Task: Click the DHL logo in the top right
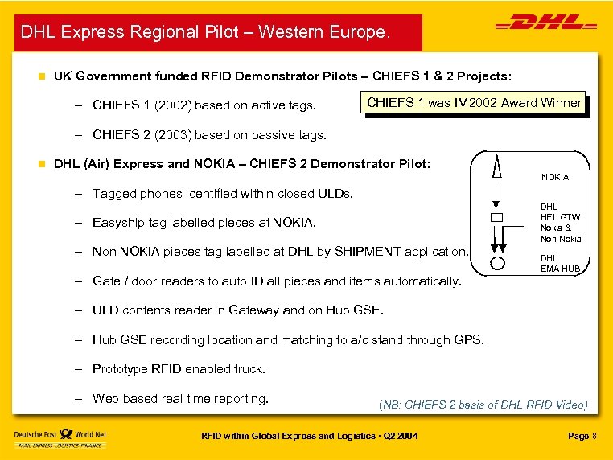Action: (x=547, y=25)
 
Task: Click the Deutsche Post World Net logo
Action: (x=60, y=437)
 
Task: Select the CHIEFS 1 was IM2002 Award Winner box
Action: (x=474, y=103)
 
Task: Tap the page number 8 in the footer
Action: (x=594, y=436)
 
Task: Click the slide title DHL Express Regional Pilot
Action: (x=205, y=33)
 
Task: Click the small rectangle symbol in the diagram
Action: (x=496, y=219)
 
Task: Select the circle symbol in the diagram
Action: (x=497, y=263)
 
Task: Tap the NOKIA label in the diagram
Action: (x=554, y=177)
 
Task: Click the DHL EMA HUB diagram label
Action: (x=559, y=264)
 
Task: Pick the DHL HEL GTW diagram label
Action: (x=560, y=212)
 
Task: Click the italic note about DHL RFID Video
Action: (x=483, y=405)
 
